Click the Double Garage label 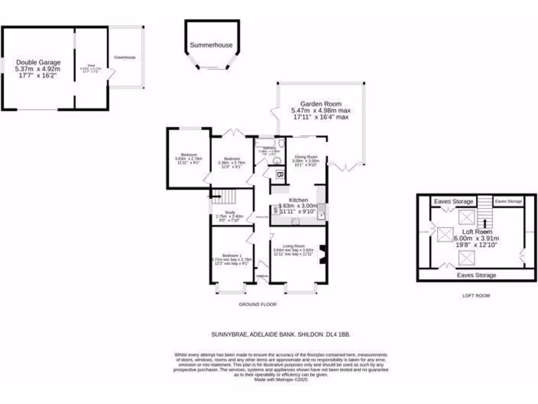point(38,62)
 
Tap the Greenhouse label point(125,57)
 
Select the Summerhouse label point(211,45)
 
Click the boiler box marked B point(280,175)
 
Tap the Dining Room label point(306,157)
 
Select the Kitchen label point(298,200)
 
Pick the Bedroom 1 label point(232,256)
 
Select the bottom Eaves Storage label point(477,275)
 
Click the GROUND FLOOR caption point(257,305)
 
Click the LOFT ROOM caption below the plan point(475,296)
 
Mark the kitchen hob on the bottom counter point(297,221)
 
